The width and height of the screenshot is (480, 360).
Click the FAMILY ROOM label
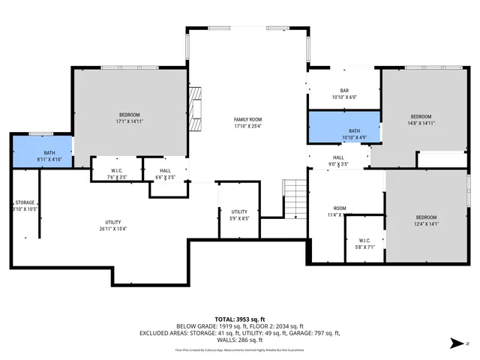(247, 119)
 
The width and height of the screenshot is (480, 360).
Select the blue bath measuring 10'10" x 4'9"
(343, 127)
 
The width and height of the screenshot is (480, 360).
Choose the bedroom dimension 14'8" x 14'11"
(420, 123)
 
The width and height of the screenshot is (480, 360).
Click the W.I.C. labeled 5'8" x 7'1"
(364, 244)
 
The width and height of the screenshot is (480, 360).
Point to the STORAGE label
(25, 202)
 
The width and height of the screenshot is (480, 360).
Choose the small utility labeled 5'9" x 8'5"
(239, 215)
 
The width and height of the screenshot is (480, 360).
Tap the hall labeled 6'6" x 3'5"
(164, 174)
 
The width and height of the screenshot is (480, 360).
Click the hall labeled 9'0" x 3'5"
(338, 160)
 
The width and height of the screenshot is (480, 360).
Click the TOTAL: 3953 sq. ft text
(239, 318)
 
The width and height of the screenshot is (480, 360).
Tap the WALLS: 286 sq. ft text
(239, 340)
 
